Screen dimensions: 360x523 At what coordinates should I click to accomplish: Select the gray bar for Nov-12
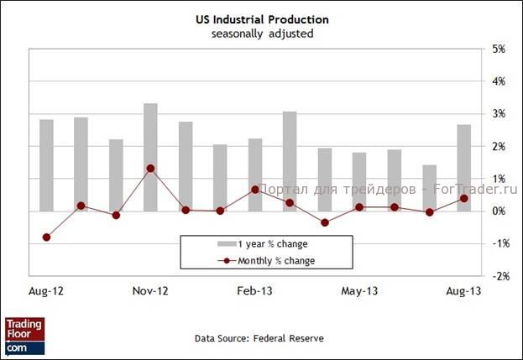[x=150, y=157]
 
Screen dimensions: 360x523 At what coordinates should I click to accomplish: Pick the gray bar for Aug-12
[x=46, y=164]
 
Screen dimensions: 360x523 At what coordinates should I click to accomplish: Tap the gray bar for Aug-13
[x=463, y=167]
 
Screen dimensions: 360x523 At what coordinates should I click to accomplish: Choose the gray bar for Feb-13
[x=254, y=175]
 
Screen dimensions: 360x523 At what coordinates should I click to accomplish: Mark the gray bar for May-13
[x=359, y=181]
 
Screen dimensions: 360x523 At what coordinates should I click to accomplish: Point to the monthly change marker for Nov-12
[x=150, y=168]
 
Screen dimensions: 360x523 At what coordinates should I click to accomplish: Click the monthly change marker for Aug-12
[x=46, y=237]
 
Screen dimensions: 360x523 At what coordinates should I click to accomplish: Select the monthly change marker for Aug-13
[x=463, y=198]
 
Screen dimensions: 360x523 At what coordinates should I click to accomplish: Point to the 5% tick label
[x=498, y=50]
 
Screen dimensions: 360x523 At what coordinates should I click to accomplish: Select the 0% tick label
[x=498, y=211]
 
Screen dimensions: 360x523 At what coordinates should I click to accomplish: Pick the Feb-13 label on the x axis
[x=254, y=291]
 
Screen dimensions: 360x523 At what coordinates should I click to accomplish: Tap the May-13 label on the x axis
[x=359, y=291]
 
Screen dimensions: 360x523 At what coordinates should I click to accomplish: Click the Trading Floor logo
[x=24, y=335]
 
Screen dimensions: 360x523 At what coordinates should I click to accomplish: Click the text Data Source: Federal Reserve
[x=259, y=337]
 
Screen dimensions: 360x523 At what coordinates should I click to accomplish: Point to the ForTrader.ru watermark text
[x=387, y=190]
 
